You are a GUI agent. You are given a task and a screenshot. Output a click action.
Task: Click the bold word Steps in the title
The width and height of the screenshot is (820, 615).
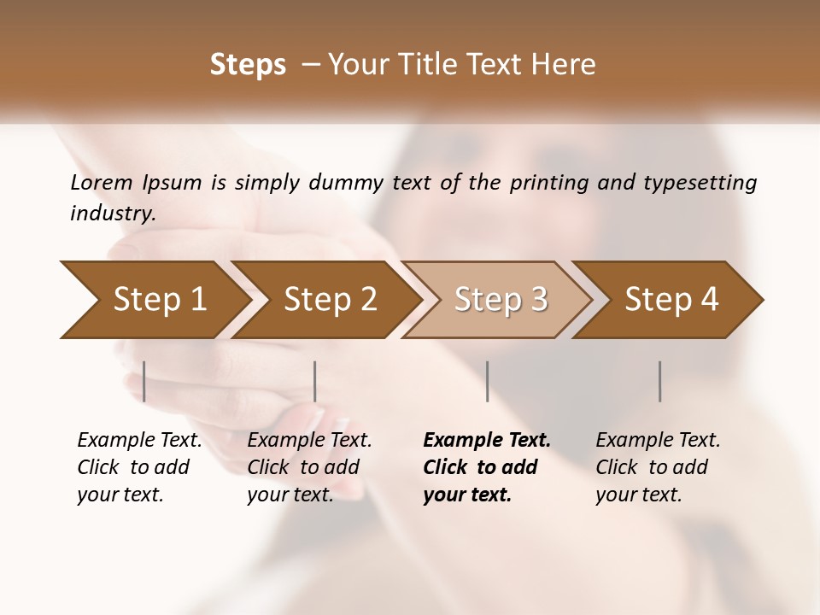click(x=248, y=65)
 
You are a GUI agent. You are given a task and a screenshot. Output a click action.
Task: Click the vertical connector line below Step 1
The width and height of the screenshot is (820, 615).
click(x=144, y=381)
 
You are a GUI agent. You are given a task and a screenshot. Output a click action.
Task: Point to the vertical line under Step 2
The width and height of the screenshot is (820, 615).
click(x=315, y=381)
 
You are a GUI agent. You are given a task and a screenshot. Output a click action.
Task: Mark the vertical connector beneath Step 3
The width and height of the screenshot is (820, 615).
click(x=487, y=381)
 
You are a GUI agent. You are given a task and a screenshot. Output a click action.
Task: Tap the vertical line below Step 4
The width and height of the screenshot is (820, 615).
click(x=659, y=381)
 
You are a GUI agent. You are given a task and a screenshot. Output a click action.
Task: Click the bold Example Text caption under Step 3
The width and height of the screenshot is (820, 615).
click(x=487, y=467)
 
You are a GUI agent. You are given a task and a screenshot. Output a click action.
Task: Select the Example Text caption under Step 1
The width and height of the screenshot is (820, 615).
click(x=139, y=467)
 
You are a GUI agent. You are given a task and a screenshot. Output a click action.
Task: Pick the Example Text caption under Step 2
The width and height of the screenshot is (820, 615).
click(x=309, y=467)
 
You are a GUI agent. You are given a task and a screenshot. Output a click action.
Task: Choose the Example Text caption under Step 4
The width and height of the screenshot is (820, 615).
click(x=658, y=467)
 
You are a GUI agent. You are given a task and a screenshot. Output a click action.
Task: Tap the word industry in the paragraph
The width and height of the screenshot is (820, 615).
click(x=112, y=213)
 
